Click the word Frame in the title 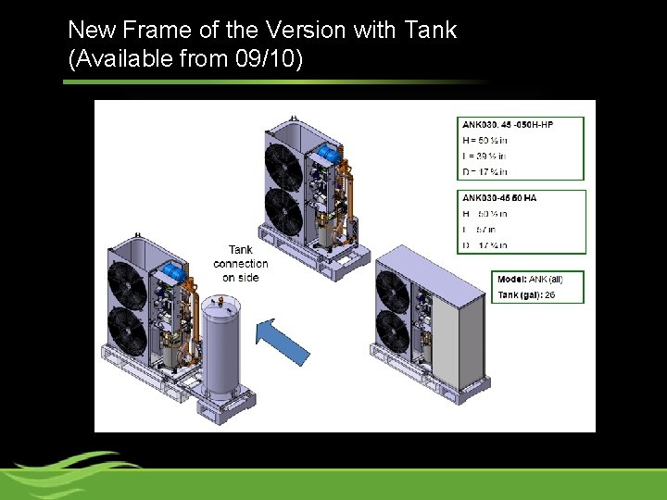pyautogui.click(x=161, y=30)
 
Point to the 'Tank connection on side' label pyautogui.click(x=240, y=263)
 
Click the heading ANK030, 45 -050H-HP pyautogui.click(x=508, y=124)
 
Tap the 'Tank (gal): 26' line pyautogui.click(x=526, y=294)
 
